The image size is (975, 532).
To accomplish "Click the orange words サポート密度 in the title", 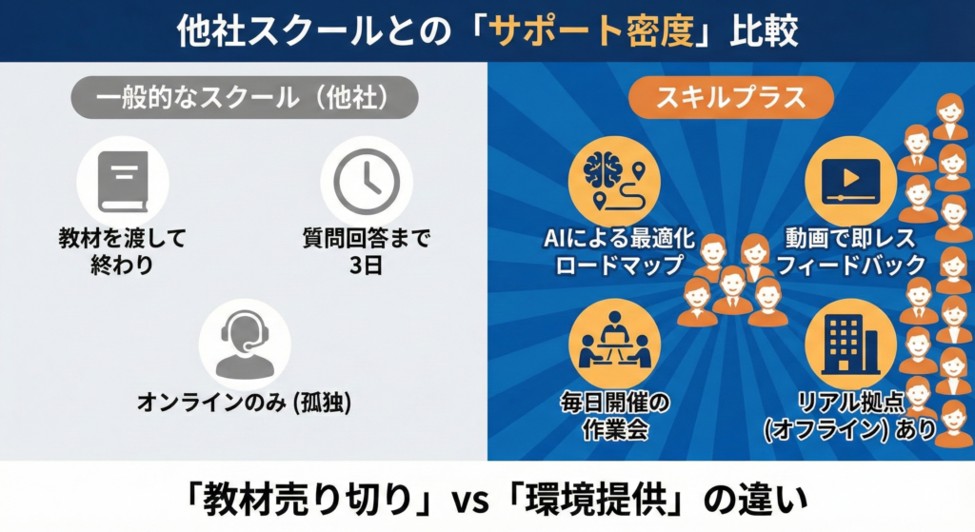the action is (591, 30).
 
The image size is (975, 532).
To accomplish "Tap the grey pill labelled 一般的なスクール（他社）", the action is (245, 98).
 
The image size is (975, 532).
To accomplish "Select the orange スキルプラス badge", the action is (730, 98).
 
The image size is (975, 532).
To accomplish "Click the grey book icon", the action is (123, 182).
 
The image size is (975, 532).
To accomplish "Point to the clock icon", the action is (367, 182).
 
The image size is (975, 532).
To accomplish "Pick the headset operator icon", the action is (245, 344).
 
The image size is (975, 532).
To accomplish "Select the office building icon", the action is (849, 343).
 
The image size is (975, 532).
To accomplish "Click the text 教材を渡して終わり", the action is (123, 251).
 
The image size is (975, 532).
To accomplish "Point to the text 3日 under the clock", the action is (367, 266).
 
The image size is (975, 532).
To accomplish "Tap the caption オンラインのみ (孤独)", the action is (245, 403).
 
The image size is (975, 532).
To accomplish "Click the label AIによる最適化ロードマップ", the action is (619, 251).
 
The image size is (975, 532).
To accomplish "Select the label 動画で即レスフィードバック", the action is (850, 251).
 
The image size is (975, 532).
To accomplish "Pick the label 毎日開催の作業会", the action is (615, 416).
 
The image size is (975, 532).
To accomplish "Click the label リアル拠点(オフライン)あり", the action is (850, 416).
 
